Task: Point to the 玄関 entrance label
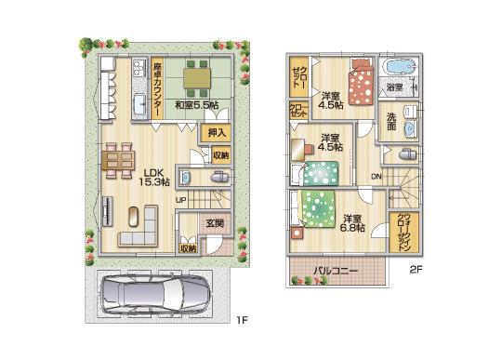coord(215,223)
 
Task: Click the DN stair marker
coord(376,177)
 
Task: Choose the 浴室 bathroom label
coord(395,87)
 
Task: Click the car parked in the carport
coord(152,296)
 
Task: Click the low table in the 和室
coord(198,79)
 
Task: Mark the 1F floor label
coord(241,322)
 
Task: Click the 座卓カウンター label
coord(158,89)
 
